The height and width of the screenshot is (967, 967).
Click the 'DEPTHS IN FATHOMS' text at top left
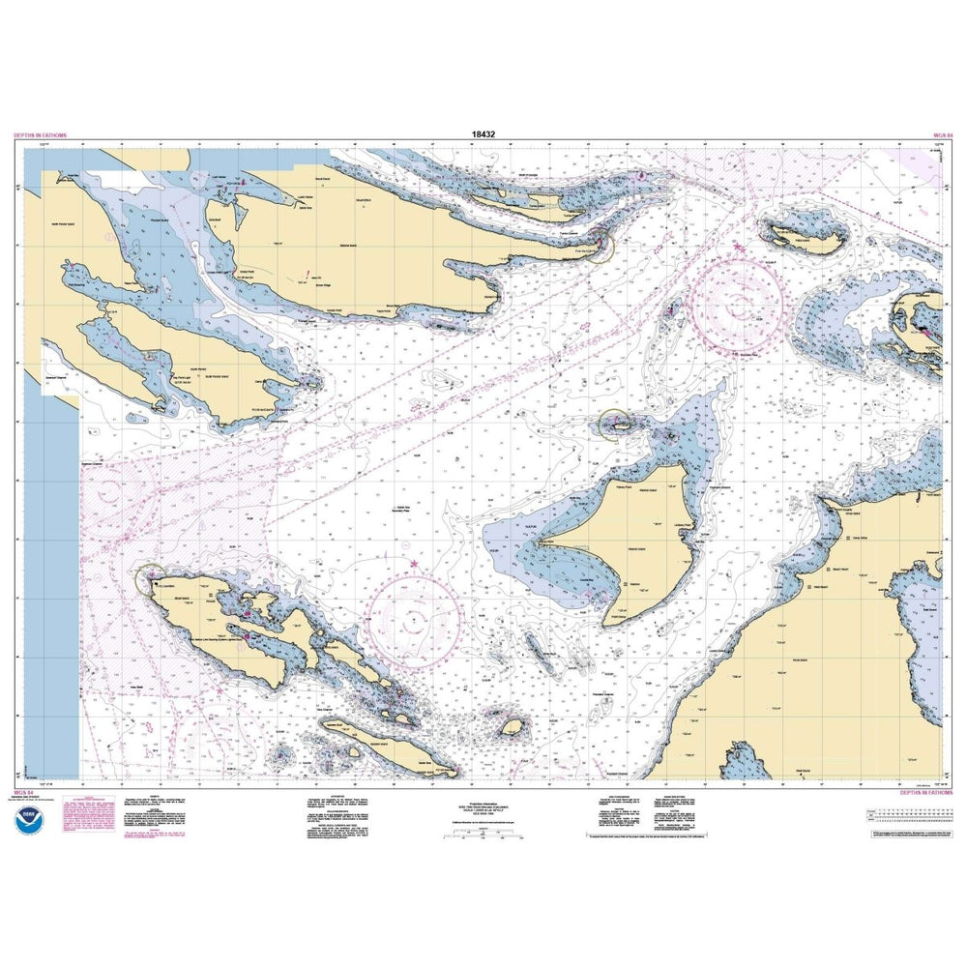41,136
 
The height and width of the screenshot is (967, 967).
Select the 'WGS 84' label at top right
943,136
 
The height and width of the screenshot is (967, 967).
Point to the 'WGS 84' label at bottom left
22,792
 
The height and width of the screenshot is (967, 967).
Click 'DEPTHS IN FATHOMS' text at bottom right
926,792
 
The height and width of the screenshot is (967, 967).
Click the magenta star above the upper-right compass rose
737,249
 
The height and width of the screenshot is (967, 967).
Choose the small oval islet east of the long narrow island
511,725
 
